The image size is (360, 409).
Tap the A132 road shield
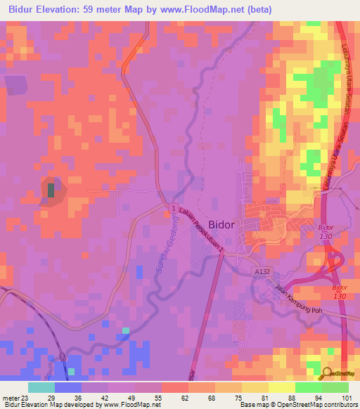[x=262, y=271]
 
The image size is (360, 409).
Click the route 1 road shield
[x=173, y=209]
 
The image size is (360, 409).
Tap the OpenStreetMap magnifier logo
[x=326, y=375]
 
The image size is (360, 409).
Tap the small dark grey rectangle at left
[x=51, y=189]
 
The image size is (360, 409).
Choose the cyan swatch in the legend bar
[x=41, y=387]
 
